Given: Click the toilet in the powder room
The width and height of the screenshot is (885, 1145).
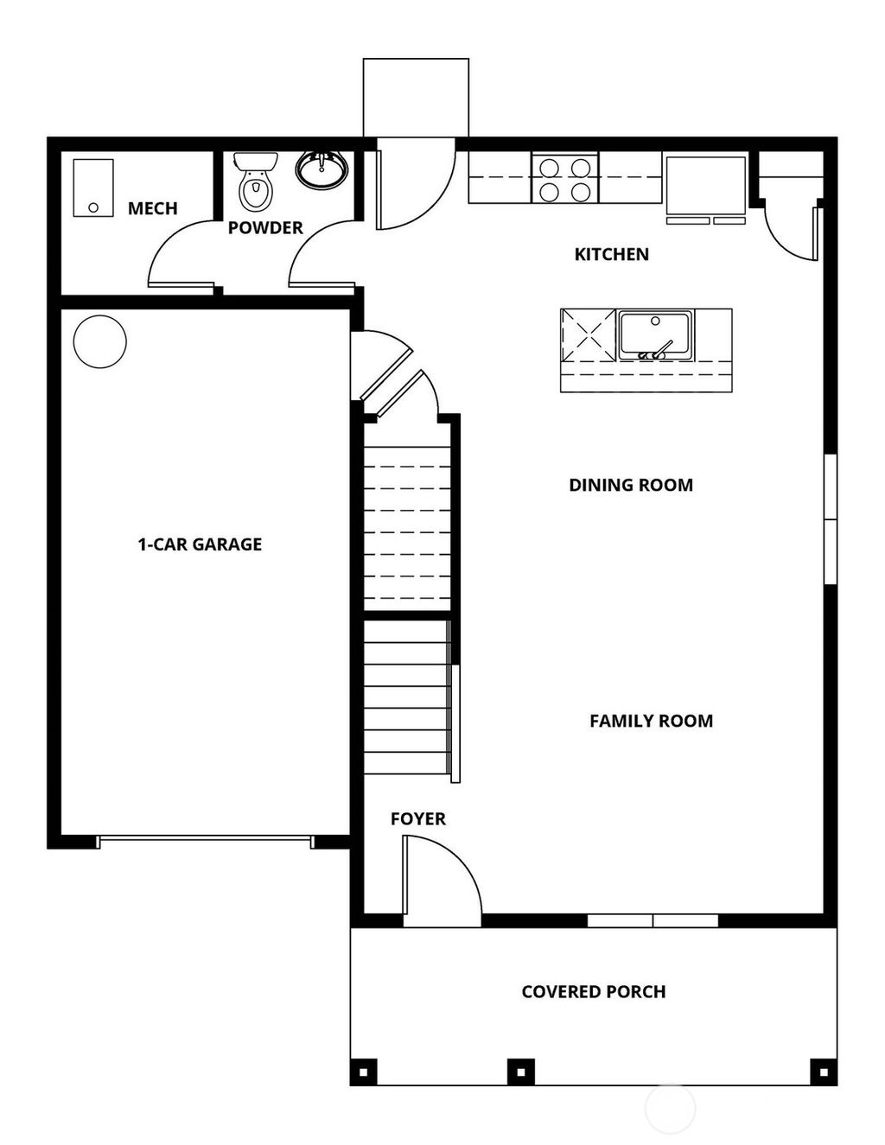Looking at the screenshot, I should point(255,183).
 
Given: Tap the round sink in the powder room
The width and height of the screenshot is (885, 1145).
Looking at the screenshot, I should point(322,169).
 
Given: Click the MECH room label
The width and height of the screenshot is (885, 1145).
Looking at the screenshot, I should point(152,208).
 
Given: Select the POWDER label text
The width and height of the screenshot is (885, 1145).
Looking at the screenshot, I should point(265,228).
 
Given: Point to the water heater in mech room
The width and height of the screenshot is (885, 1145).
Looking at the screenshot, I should point(93,187).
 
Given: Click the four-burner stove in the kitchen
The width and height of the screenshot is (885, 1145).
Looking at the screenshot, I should point(565,178).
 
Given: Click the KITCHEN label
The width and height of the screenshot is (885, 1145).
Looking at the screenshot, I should point(611,254).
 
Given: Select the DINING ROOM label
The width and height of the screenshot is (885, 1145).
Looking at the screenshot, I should point(630,485).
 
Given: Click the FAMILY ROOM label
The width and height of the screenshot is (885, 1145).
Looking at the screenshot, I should point(651,721).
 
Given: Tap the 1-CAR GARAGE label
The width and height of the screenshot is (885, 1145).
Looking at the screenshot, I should point(200,544).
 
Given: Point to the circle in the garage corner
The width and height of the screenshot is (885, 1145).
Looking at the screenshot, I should point(100,341).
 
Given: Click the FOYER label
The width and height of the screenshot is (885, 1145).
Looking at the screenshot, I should point(417,818).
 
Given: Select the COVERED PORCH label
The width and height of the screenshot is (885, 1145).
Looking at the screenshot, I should point(593,992).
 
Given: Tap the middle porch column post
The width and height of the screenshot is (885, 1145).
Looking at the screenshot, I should point(520,1072).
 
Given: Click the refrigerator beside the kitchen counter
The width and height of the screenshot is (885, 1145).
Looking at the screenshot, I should point(705,187).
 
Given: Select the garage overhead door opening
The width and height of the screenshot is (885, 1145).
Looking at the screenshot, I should point(205,840).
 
